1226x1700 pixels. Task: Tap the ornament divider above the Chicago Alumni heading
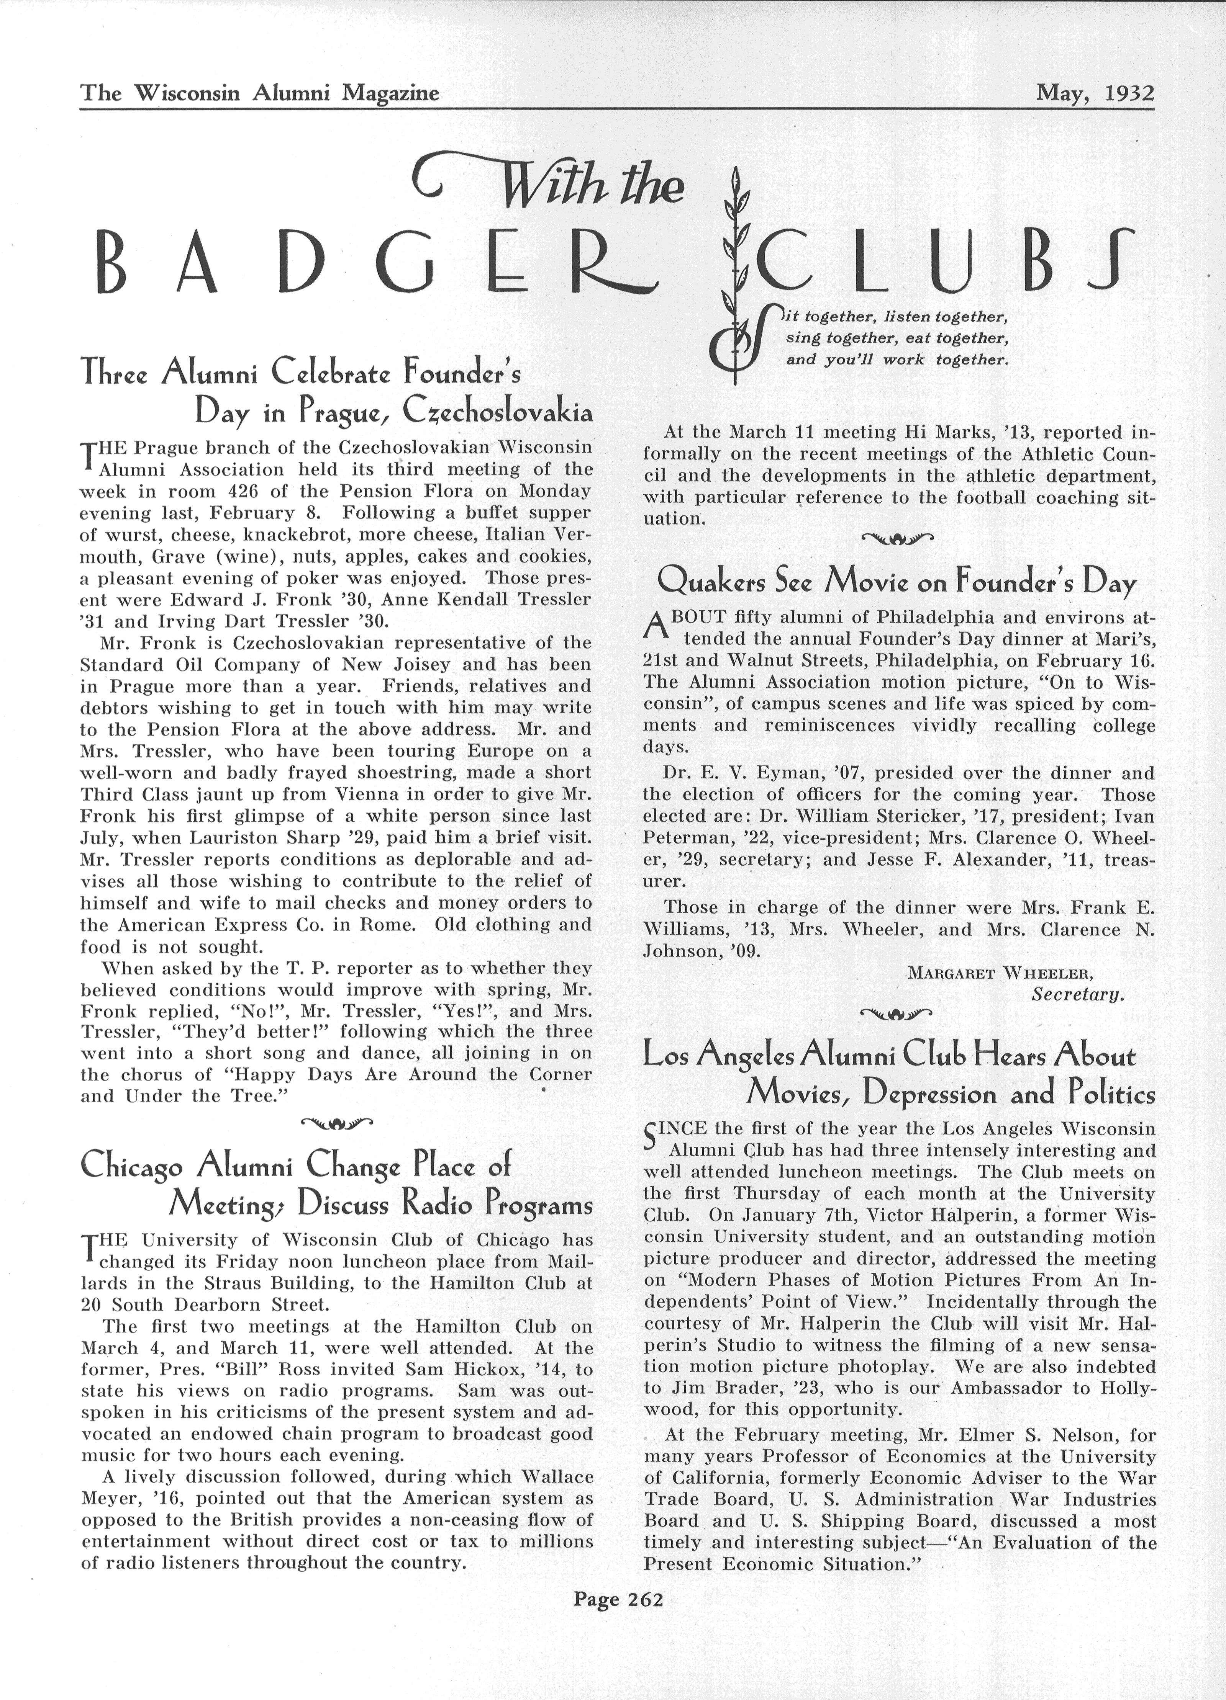click(x=336, y=1122)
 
